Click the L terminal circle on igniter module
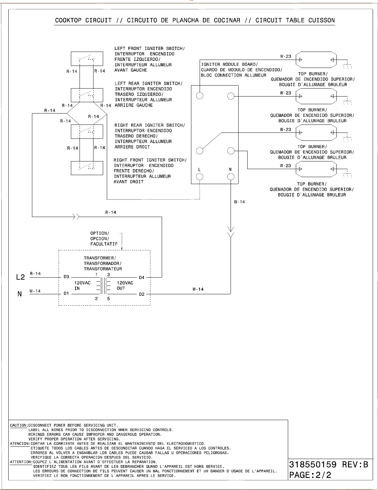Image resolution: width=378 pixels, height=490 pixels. click(x=200, y=177)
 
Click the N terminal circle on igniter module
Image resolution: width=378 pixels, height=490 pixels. click(x=231, y=177)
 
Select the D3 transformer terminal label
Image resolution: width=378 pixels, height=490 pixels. click(x=66, y=277)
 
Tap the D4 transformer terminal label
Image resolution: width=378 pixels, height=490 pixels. click(x=141, y=277)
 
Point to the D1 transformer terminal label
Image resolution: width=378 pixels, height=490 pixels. click(x=66, y=294)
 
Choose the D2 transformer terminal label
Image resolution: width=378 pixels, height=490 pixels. click(x=141, y=294)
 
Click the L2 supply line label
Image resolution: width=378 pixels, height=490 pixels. click(x=21, y=277)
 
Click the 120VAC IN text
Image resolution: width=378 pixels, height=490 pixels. click(x=82, y=286)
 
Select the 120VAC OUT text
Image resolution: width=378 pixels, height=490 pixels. click(x=125, y=286)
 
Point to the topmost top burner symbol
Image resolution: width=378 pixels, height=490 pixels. click(x=316, y=60)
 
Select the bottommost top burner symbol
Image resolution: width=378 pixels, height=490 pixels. click(x=316, y=169)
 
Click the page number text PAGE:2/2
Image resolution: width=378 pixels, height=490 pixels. click(x=310, y=475)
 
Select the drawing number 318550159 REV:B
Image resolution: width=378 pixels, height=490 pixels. click(x=329, y=464)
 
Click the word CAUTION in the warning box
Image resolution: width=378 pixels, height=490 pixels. click(x=18, y=425)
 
